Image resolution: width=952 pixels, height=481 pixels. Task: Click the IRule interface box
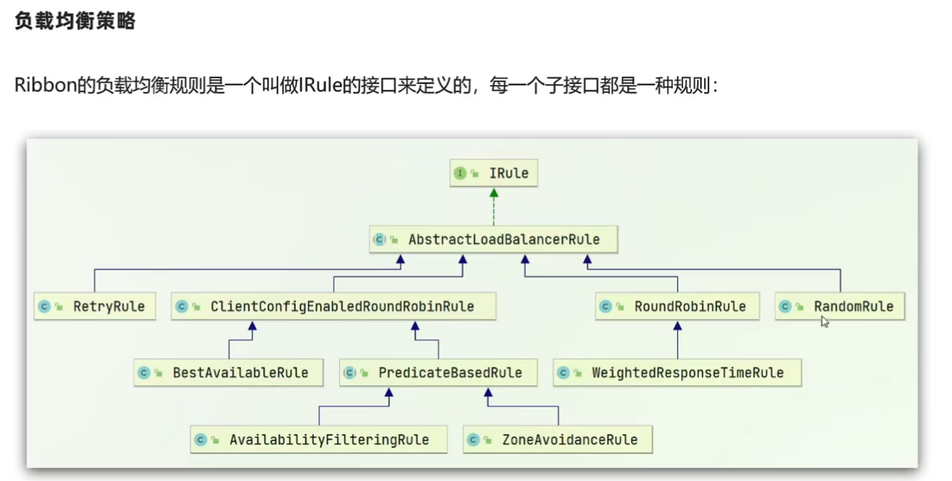[x=493, y=173]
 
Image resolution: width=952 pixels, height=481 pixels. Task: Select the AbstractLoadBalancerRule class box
[x=494, y=239]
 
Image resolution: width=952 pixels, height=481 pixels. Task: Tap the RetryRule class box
[x=94, y=306]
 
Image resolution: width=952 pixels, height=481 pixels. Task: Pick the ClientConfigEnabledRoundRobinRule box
[x=333, y=306]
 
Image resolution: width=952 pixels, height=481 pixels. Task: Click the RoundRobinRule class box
[x=677, y=306]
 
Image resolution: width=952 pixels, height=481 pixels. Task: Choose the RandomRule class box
[x=839, y=306]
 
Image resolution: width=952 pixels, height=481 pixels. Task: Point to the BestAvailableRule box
[x=228, y=372]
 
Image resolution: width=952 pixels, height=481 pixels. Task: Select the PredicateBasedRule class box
[x=438, y=372]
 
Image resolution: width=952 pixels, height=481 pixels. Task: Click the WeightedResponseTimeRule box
[x=677, y=372]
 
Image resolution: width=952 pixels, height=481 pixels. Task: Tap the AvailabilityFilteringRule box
[x=319, y=439]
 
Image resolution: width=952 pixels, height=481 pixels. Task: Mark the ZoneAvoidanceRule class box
[x=557, y=439]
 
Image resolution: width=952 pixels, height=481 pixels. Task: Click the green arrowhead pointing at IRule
[x=493, y=193]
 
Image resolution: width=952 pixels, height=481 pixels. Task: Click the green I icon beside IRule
[x=460, y=173]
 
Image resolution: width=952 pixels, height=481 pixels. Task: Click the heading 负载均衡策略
[x=75, y=22]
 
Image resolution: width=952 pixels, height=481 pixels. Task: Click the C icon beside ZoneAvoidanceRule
[x=474, y=439]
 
